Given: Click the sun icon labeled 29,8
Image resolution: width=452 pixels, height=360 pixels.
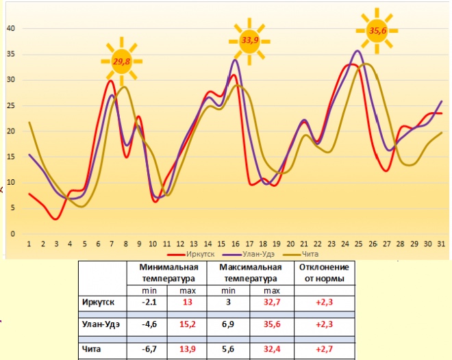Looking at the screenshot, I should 122,62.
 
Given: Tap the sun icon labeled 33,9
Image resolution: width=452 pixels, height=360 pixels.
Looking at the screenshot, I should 250,40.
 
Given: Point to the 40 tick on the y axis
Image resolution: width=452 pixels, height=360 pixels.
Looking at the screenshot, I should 11,29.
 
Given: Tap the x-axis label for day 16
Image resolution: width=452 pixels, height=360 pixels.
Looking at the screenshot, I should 235,243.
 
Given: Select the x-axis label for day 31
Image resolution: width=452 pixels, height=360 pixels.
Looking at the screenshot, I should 440,243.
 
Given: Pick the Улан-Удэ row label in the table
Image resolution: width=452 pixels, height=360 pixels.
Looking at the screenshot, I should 103,326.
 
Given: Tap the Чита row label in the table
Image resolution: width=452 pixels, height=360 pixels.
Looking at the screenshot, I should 92,349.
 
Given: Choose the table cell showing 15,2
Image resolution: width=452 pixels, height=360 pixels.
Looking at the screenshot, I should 188,326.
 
